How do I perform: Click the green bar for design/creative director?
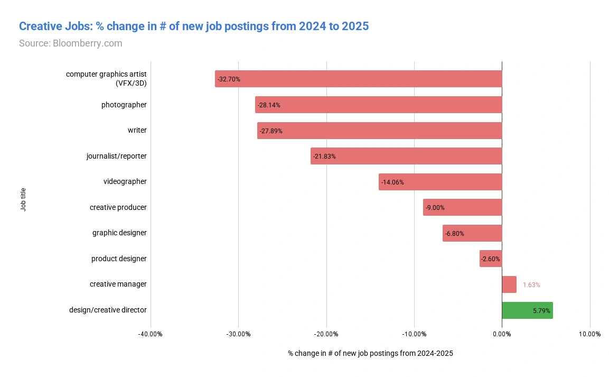pyautogui.click(x=527, y=310)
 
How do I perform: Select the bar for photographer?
pyautogui.click(x=378, y=105)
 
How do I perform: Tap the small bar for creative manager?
pyautogui.click(x=509, y=284)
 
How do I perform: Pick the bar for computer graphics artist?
pyautogui.click(x=358, y=79)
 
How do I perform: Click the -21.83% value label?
pyautogui.click(x=324, y=157)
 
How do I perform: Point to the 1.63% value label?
pyautogui.click(x=531, y=285)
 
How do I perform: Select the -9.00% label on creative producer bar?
pyautogui.click(x=435, y=208)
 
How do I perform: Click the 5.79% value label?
pyautogui.click(x=541, y=311)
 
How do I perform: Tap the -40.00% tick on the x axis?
pyautogui.click(x=151, y=334)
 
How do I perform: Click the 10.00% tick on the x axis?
pyautogui.click(x=589, y=334)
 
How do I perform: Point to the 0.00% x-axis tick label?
pyautogui.click(x=502, y=334)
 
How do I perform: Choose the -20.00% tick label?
pyautogui.click(x=326, y=334)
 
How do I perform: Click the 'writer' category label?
pyautogui.click(x=137, y=131)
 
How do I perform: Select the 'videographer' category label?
pyautogui.click(x=125, y=182)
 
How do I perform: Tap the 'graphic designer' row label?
pyautogui.click(x=119, y=233)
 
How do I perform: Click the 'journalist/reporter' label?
pyautogui.click(x=117, y=157)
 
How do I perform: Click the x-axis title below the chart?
pyautogui.click(x=370, y=353)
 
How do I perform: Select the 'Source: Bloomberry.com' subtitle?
pyautogui.click(x=70, y=43)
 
